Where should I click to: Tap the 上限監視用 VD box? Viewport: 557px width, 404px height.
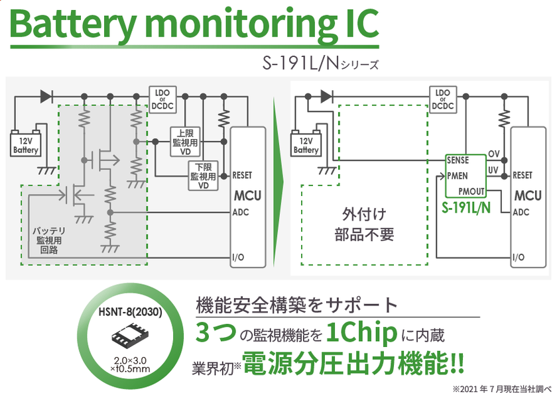point(186,140)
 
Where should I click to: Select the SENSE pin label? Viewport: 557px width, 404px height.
point(458,160)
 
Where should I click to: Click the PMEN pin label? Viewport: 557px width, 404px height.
point(458,176)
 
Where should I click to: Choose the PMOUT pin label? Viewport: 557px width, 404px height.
point(471,191)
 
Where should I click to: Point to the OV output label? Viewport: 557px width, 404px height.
point(494,154)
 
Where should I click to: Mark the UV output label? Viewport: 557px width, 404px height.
point(494,170)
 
